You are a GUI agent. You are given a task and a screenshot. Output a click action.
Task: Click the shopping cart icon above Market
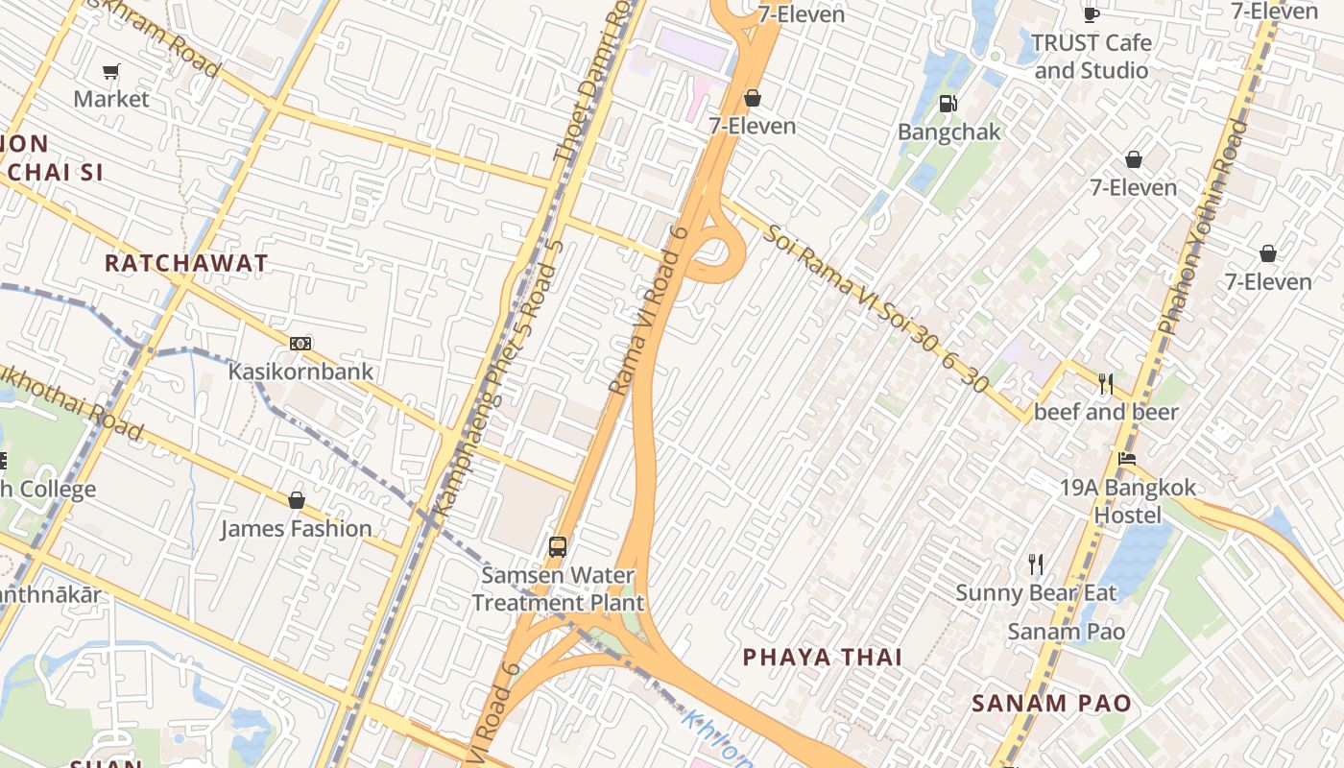110,72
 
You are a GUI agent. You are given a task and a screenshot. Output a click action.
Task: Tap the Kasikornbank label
300,371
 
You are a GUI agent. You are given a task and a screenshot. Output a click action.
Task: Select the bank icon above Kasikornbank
300,344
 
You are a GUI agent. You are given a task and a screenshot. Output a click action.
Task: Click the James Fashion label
297,528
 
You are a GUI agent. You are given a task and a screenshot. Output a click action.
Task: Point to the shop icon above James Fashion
297,500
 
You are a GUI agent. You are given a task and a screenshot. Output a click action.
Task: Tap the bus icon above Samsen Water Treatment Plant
558,547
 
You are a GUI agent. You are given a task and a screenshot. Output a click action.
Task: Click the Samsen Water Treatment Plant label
558,589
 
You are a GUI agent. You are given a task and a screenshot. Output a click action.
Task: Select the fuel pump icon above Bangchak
948,104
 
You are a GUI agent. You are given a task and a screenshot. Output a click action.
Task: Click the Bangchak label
949,132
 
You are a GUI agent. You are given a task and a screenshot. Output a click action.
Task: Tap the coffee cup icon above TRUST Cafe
1091,13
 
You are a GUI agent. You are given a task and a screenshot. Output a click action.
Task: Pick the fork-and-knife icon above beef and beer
1106,384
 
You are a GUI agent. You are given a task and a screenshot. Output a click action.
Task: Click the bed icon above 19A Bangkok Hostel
1127,459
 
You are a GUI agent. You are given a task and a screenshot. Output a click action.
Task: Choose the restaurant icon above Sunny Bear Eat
1035,564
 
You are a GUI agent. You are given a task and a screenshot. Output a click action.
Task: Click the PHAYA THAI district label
823,657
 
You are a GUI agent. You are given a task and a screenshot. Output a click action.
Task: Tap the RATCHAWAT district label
186,263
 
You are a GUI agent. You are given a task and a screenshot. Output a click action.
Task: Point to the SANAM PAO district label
1051,703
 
